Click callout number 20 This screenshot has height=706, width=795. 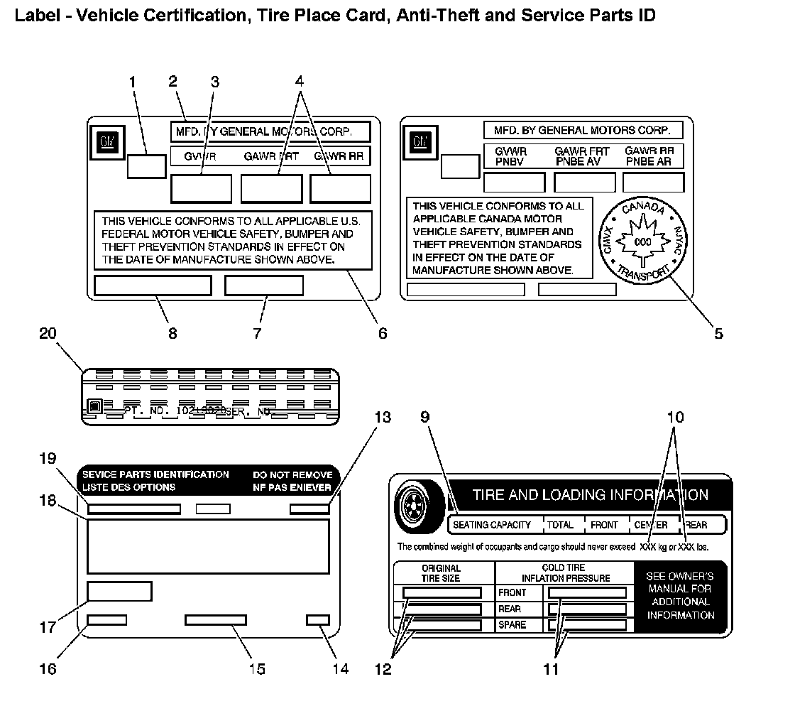(x=48, y=334)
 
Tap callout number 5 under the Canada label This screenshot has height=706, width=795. (x=718, y=332)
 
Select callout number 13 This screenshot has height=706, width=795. (x=382, y=417)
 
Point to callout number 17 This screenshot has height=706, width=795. (x=48, y=627)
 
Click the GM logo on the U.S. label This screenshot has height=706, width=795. (x=107, y=141)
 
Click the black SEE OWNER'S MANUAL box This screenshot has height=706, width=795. (x=680, y=595)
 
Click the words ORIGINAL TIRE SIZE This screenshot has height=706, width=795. (x=442, y=572)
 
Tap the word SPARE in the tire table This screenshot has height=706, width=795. (x=512, y=625)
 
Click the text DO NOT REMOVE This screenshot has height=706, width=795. (x=292, y=474)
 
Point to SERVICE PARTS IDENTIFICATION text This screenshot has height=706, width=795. (x=155, y=474)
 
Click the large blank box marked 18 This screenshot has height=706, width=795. (x=208, y=546)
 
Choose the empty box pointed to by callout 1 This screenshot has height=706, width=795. (x=146, y=166)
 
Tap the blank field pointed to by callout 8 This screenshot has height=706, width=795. (x=153, y=285)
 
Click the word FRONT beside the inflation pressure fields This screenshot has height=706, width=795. (x=512, y=592)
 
